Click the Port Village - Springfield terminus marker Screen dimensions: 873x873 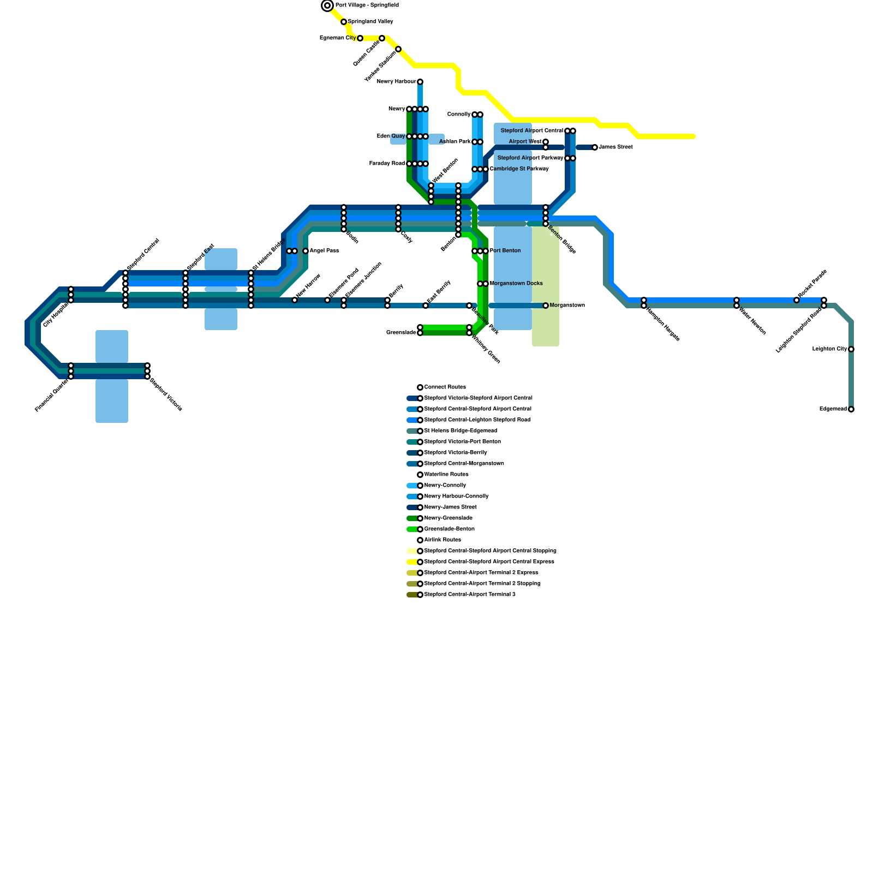click(x=327, y=5)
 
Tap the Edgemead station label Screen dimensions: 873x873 click(x=833, y=409)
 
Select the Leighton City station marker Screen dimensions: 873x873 click(x=851, y=349)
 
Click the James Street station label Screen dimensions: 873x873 click(x=615, y=147)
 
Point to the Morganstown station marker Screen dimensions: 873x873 click(x=546, y=306)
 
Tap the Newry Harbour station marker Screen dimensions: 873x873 click(x=420, y=82)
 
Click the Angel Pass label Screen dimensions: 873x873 click(x=324, y=251)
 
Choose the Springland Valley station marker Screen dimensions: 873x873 click(x=344, y=22)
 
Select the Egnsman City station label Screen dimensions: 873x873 click(x=337, y=38)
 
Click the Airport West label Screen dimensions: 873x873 click(x=525, y=142)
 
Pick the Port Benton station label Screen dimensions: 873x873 click(x=505, y=251)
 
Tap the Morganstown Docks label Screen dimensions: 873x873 click(x=516, y=284)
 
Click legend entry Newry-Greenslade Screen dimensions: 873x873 click(x=448, y=518)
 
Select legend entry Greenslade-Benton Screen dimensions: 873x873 click(x=449, y=529)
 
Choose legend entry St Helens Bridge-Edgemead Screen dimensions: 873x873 click(x=461, y=431)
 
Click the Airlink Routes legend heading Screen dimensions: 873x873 click(x=443, y=540)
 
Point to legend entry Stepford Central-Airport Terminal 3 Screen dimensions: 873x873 click(x=469, y=595)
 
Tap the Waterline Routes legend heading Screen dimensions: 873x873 click(x=446, y=475)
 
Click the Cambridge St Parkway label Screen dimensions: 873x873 click(x=519, y=169)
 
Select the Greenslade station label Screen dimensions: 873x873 click(x=401, y=333)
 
